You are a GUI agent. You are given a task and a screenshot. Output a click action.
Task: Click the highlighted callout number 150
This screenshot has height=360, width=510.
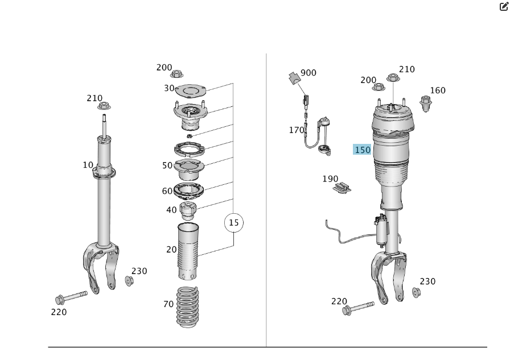pyautogui.click(x=362, y=150)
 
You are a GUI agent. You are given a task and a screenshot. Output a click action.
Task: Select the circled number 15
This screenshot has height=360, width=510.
pyautogui.click(x=234, y=223)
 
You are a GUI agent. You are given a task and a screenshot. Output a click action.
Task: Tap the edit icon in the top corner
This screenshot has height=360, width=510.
pyautogui.click(x=504, y=6)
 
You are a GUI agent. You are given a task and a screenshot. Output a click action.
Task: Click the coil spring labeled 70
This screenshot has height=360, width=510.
pyautogui.click(x=188, y=307)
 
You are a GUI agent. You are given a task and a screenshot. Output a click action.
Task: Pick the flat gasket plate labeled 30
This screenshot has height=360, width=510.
pyautogui.click(x=191, y=90)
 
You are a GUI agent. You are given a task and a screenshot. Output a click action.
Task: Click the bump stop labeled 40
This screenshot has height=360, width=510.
pyautogui.click(x=188, y=210)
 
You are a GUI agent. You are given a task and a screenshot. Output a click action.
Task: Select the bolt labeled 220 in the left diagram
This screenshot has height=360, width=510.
pyautogui.click(x=72, y=297)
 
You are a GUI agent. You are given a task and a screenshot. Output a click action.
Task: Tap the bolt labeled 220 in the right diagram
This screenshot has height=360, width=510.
pyautogui.click(x=358, y=308)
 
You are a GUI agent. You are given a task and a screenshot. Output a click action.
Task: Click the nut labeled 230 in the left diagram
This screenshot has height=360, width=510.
pyautogui.click(x=129, y=281)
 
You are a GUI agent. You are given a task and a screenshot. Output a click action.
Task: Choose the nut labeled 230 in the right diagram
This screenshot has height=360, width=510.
pyautogui.click(x=416, y=292)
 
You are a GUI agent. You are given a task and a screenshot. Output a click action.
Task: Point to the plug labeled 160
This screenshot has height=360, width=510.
pyautogui.click(x=426, y=104)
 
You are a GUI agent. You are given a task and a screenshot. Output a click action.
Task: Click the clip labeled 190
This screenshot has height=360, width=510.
pyautogui.click(x=342, y=188)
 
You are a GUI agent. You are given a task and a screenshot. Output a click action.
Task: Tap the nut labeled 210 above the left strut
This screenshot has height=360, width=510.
pyautogui.click(x=104, y=106)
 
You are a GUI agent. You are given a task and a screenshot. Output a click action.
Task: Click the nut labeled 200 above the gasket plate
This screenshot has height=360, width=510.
pyautogui.click(x=176, y=74)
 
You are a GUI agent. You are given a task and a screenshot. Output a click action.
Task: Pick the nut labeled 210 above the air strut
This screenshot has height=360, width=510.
pyautogui.click(x=393, y=78)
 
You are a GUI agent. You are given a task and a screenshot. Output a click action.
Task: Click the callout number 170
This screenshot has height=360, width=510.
pyautogui.click(x=297, y=130)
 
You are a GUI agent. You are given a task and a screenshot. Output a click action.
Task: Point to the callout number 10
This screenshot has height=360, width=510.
pyautogui.click(x=88, y=165)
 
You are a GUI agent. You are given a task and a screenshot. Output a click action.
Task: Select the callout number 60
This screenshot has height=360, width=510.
pyautogui.click(x=167, y=191)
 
